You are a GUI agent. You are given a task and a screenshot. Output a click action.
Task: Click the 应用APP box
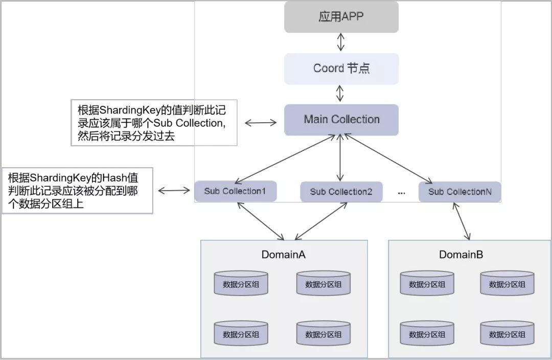tap(341, 17)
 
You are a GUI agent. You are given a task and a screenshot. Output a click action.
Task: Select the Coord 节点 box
tap(341, 69)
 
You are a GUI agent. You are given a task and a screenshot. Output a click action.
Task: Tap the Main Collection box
tap(341, 120)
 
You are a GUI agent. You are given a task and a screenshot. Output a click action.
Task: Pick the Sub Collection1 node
tap(235, 191)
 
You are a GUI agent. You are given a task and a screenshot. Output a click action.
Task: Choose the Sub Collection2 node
tap(341, 192)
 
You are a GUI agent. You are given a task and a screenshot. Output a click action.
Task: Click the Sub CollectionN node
tap(459, 192)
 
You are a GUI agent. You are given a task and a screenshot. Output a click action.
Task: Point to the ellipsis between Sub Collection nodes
tap(401, 192)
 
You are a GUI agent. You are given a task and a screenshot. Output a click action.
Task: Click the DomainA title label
tap(283, 254)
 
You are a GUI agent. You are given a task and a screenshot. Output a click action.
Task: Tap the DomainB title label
tap(461, 254)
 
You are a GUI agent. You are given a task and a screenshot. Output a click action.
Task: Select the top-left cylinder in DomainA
tap(241, 283)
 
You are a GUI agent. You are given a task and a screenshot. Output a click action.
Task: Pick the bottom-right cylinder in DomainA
tap(323, 333)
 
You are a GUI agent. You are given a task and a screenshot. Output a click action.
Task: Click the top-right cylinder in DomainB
tap(507, 283)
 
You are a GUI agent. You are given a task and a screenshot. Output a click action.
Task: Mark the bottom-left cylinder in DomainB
tap(427, 333)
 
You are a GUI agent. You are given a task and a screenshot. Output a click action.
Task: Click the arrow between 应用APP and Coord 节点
tap(341, 43)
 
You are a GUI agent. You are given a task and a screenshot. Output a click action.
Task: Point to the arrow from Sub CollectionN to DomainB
tap(461, 221)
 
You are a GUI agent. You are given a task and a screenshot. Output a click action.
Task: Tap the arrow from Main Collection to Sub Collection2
tap(341, 159)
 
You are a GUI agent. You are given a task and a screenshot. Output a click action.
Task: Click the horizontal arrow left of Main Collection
tap(260, 123)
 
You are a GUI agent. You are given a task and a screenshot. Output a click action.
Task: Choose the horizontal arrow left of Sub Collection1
tap(174, 191)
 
